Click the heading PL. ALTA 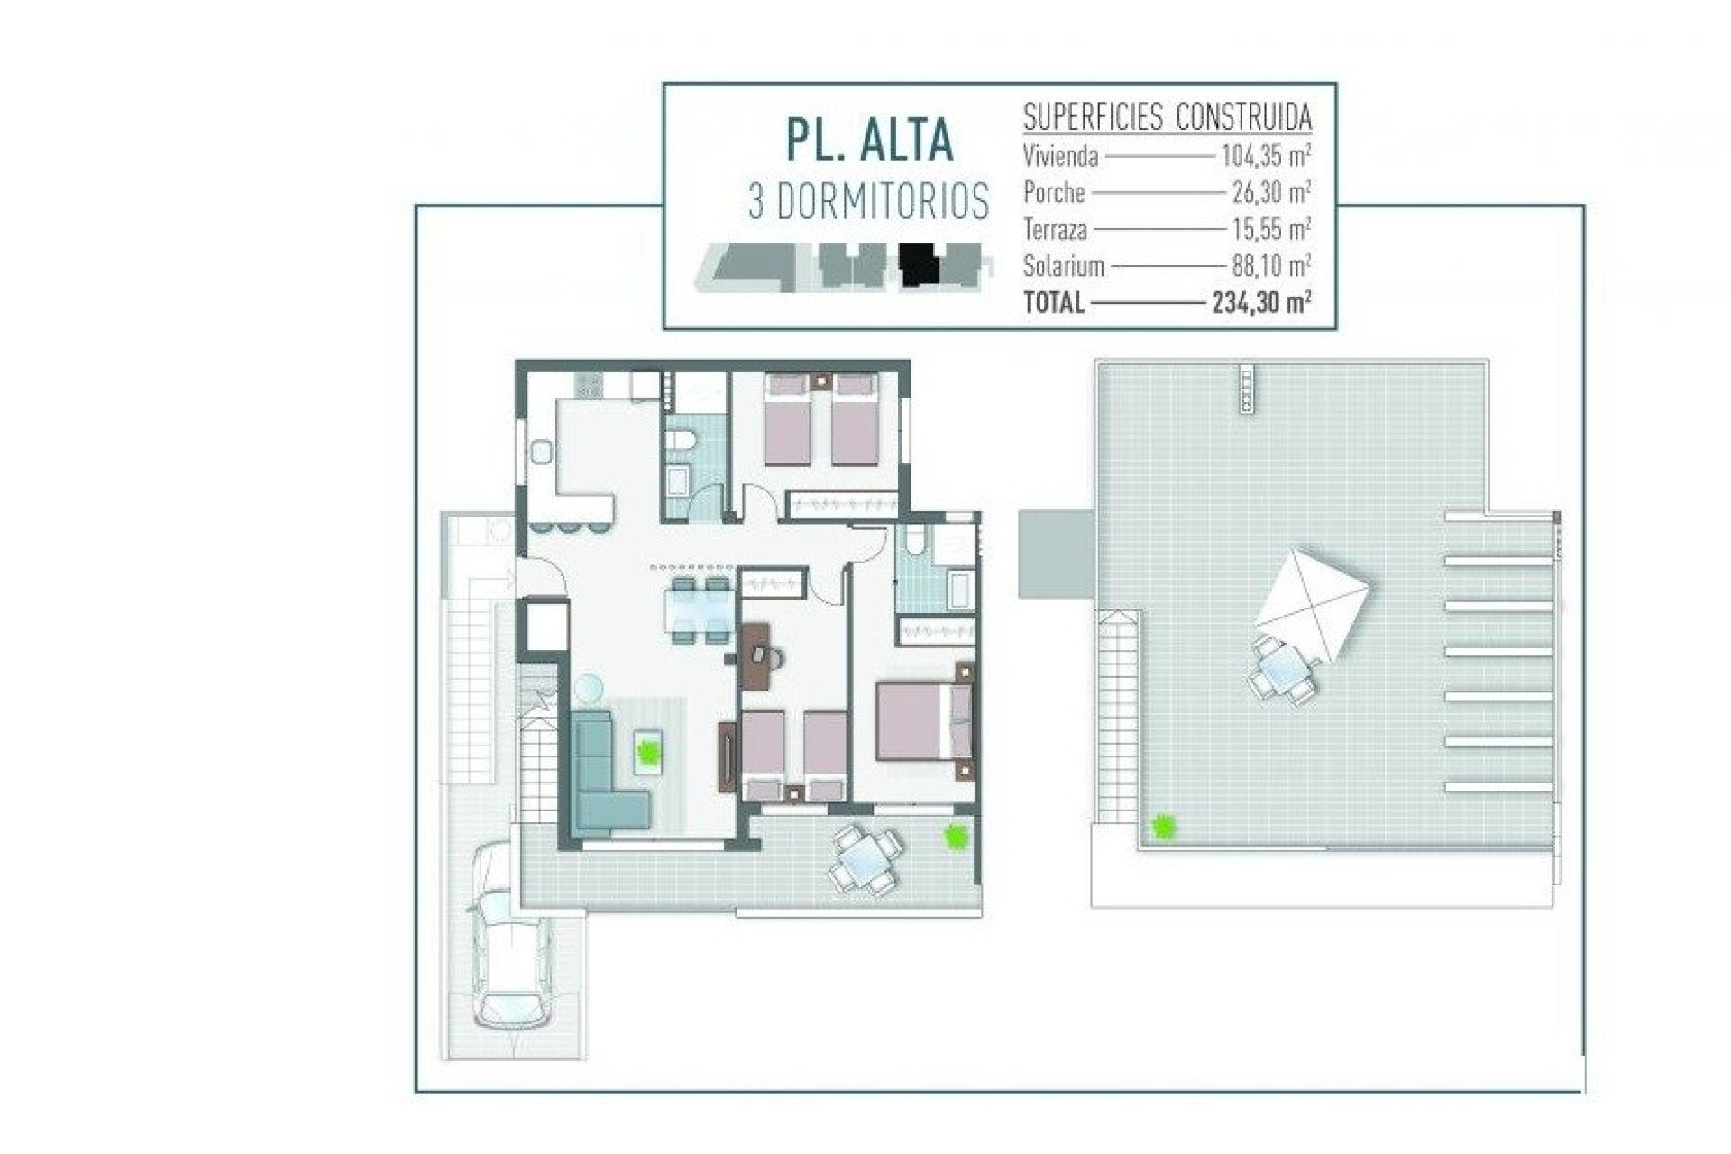[867, 140]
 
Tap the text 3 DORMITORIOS [868, 202]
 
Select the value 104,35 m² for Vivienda [1266, 156]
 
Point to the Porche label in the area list [1054, 193]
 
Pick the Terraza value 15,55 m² [1271, 229]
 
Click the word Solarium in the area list [1064, 266]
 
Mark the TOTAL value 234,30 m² [1261, 302]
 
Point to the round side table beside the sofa [590, 689]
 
